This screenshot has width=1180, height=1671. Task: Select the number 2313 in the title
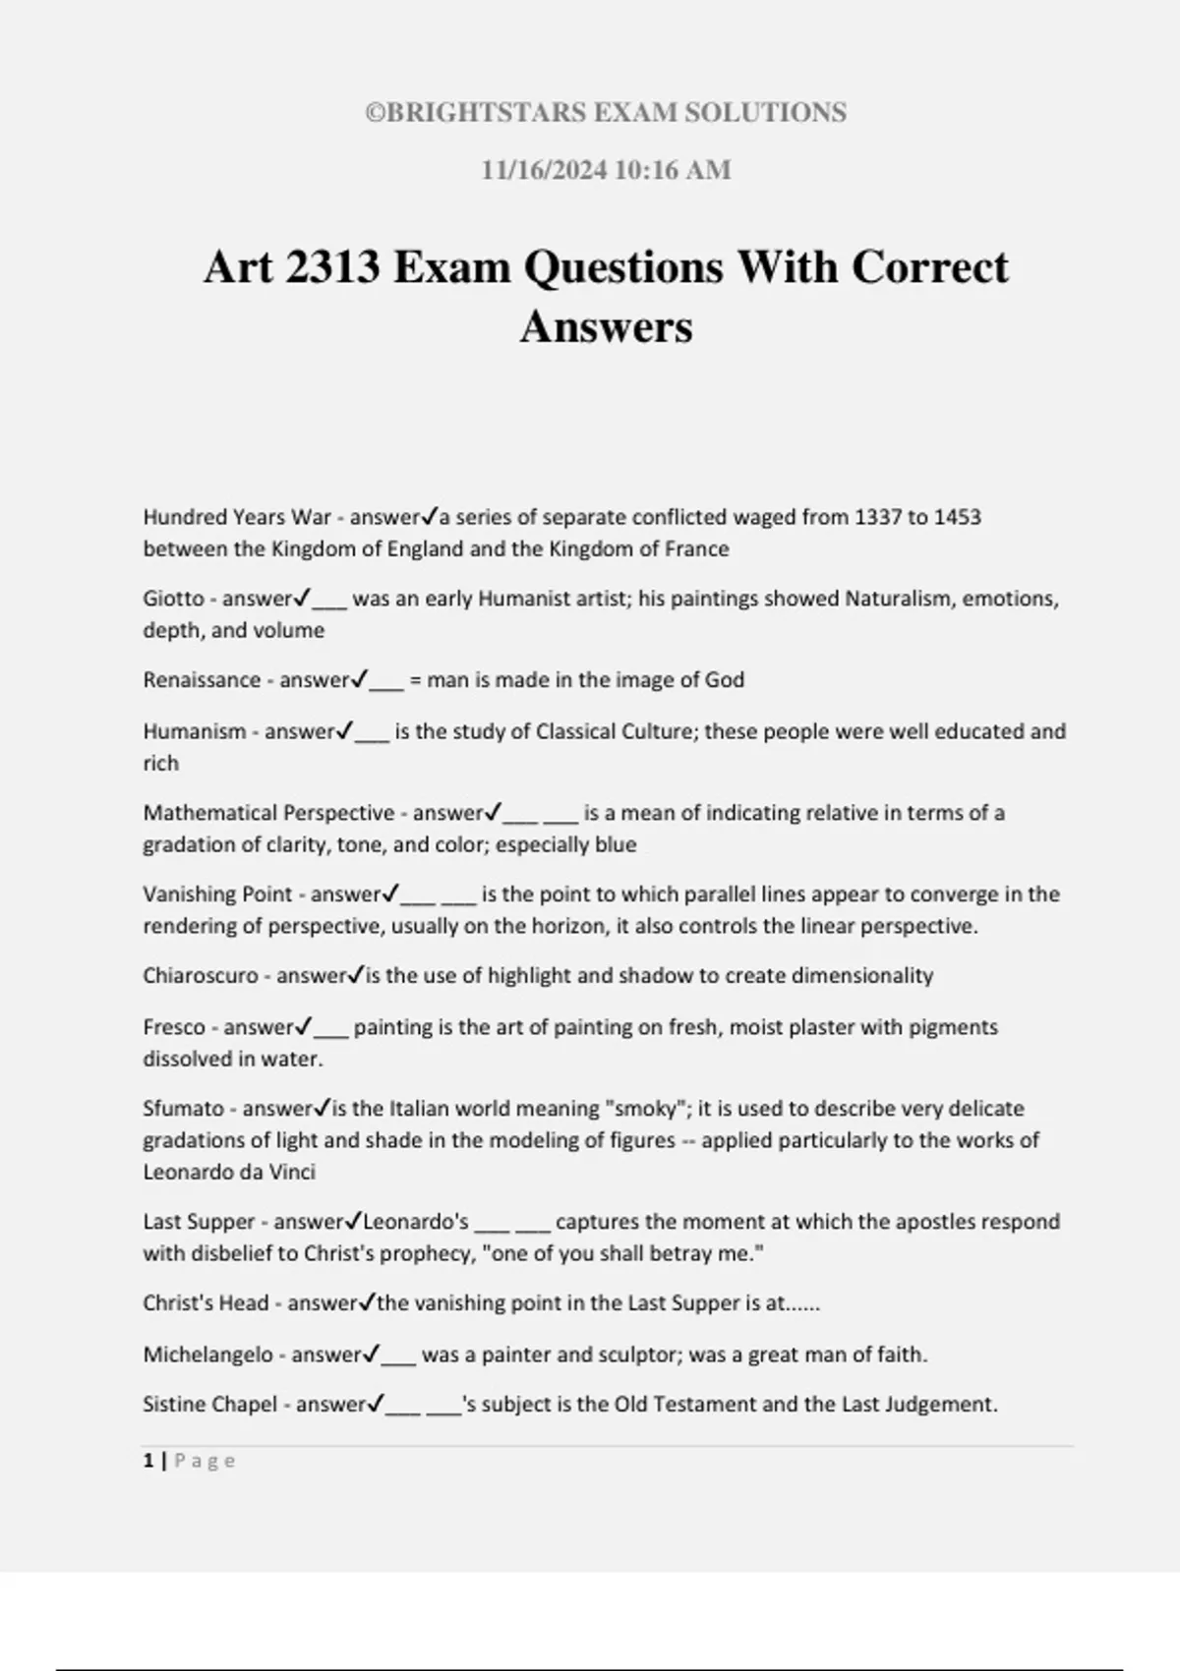pyautogui.click(x=332, y=267)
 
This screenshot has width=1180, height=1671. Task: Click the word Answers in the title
pyautogui.click(x=606, y=326)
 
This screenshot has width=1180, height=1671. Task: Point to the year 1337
pyautogui.click(x=877, y=517)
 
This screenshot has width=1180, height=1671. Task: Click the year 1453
pyautogui.click(x=957, y=517)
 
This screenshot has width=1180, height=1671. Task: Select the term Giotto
pyautogui.click(x=173, y=599)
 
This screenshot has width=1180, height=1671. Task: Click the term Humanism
pyautogui.click(x=195, y=731)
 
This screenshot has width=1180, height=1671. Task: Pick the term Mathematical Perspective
pyautogui.click(x=268, y=813)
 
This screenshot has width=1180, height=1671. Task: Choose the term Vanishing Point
pyautogui.click(x=217, y=894)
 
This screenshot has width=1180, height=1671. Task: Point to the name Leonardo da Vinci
pyautogui.click(x=229, y=1172)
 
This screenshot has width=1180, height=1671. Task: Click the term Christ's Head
pyautogui.click(x=206, y=1303)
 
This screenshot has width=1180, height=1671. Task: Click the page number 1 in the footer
pyautogui.click(x=148, y=1461)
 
